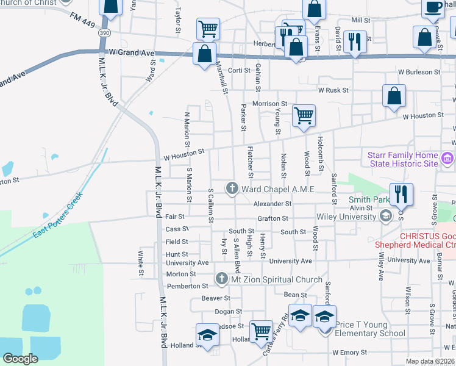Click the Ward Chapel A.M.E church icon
232,188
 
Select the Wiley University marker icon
385,216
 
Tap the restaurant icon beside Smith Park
401,195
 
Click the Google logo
20,358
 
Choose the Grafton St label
272,218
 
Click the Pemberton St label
188,285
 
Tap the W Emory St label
349,353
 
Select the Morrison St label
270,104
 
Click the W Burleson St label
419,72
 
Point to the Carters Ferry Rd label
274,335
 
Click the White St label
140,262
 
